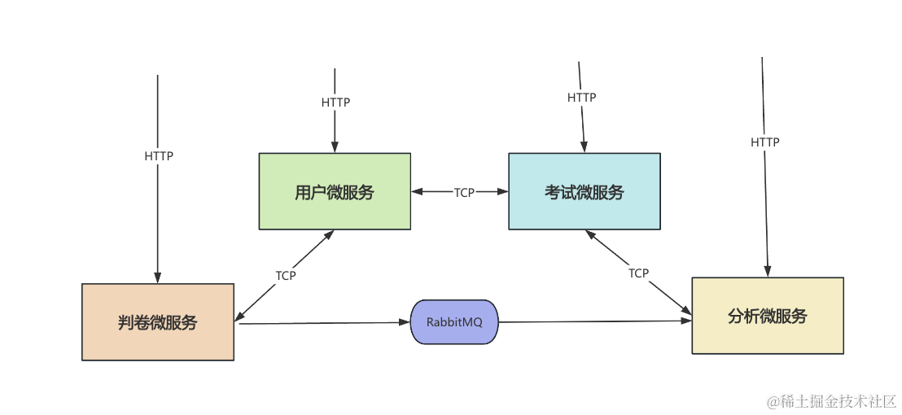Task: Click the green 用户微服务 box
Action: [335, 191]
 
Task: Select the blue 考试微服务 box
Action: [585, 191]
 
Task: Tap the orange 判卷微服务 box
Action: [158, 321]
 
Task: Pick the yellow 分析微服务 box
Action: [767, 316]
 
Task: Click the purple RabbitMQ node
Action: [454, 322]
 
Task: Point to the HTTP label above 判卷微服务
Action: [159, 156]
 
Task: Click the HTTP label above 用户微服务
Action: [335, 103]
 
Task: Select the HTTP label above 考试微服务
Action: [581, 98]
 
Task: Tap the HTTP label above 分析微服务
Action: [764, 142]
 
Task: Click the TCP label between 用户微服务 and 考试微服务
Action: [464, 193]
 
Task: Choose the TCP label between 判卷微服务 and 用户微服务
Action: [286, 276]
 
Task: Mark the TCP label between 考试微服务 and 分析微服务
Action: [639, 273]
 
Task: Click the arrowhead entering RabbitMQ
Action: [406, 323]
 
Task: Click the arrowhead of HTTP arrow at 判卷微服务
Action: [158, 278]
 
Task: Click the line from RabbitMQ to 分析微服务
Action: [594, 321]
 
